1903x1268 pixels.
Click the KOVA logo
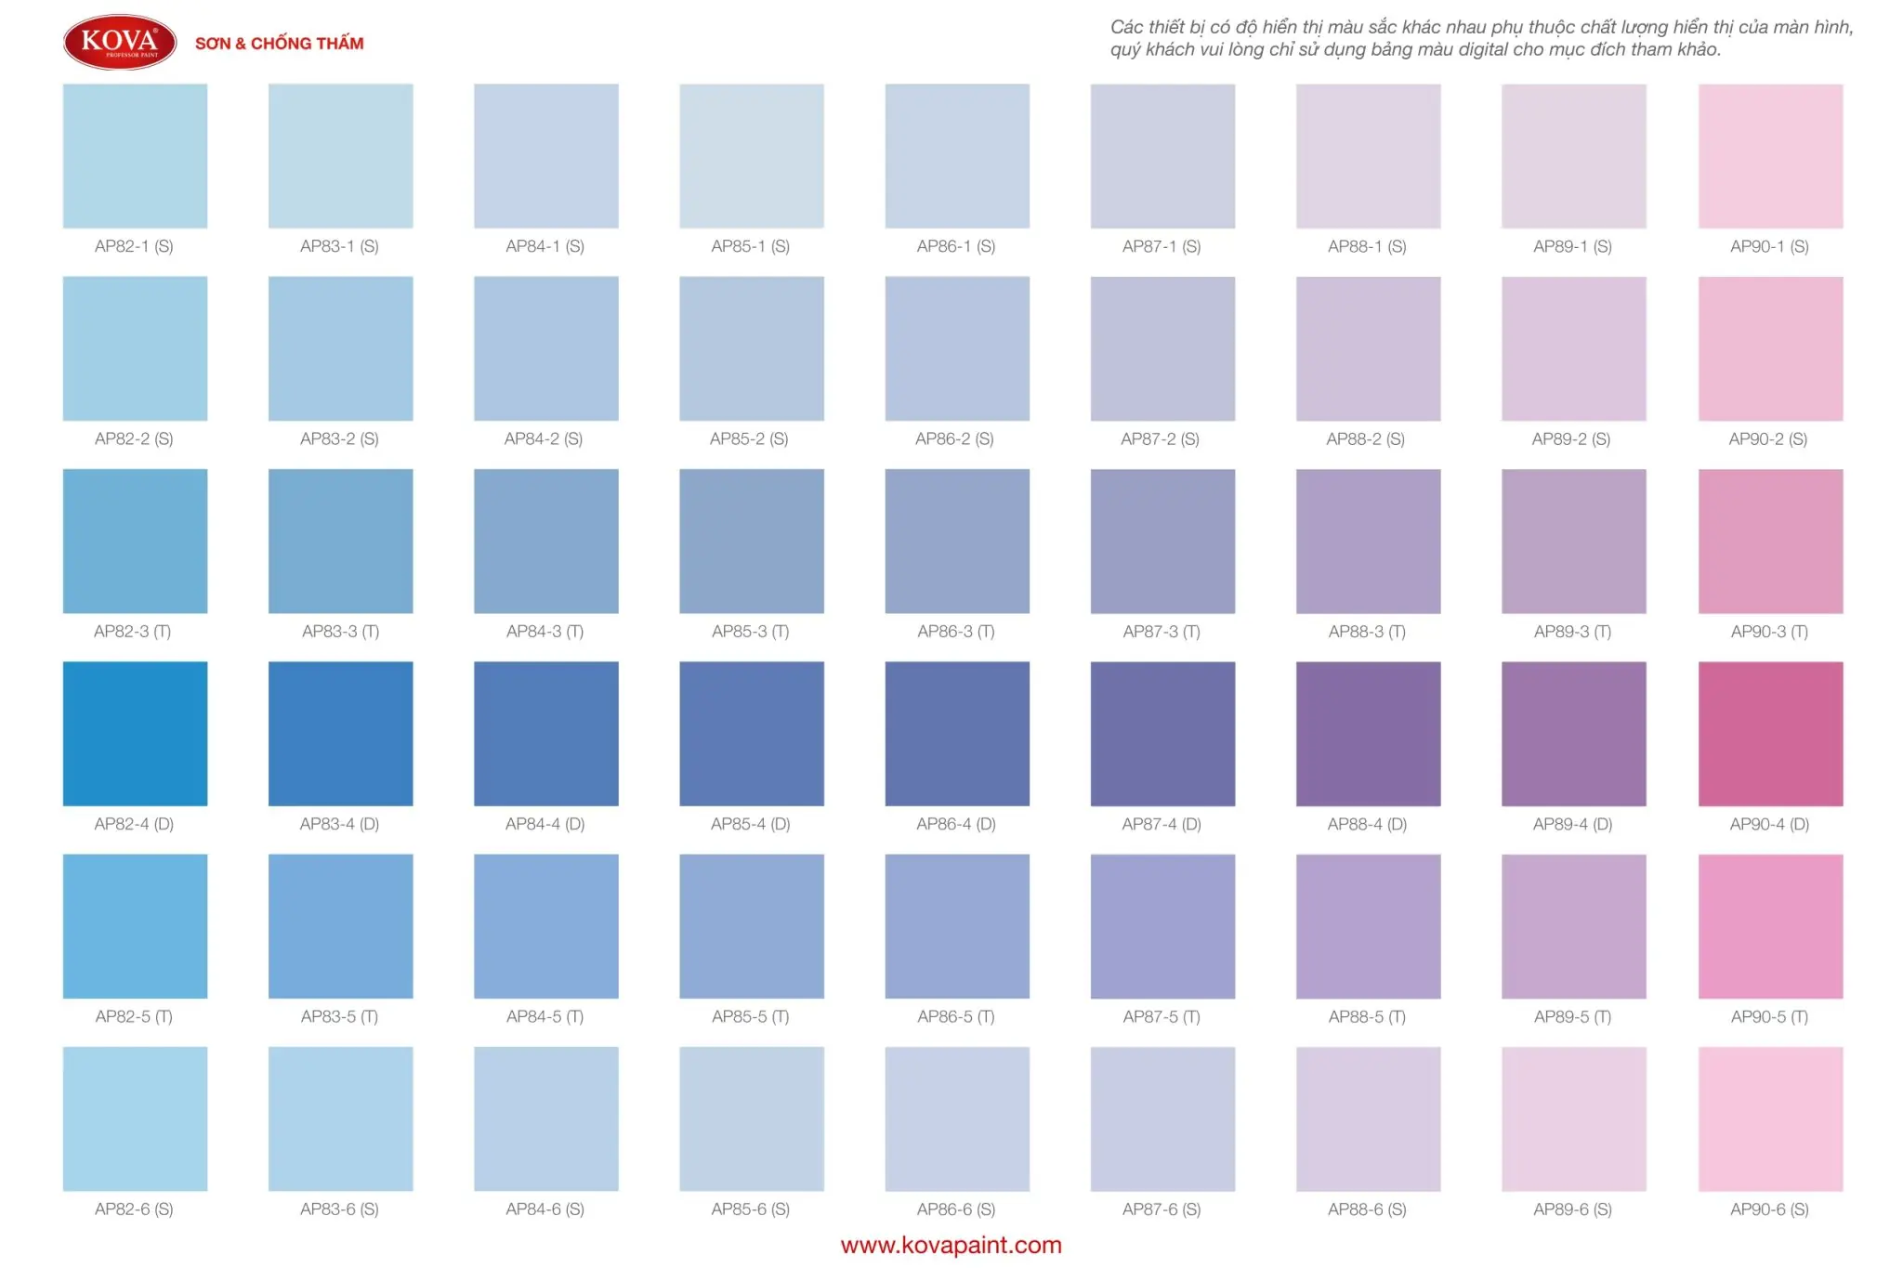tap(120, 42)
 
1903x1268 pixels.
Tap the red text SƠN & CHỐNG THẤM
tap(279, 44)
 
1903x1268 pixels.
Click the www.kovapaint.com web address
tap(951, 1245)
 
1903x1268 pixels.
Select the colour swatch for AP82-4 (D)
tap(135, 733)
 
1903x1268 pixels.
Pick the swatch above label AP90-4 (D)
tap(1770, 733)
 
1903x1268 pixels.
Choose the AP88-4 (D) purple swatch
tap(1368, 733)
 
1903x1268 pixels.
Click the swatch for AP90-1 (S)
tap(1770, 156)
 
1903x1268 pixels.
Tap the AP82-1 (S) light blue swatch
tap(135, 156)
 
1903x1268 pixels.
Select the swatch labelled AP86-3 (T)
tap(957, 541)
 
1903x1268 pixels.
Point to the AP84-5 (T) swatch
tap(546, 926)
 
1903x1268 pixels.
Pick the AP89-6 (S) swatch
tap(1573, 1118)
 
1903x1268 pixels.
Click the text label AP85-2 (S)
tap(749, 438)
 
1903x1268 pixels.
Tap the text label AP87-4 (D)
tap(1161, 824)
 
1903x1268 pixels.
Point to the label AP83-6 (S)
tap(339, 1209)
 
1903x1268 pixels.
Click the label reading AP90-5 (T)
tap(1769, 1016)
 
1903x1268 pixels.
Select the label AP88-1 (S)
tap(1367, 246)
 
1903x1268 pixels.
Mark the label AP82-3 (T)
tap(133, 632)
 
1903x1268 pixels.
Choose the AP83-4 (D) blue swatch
tap(340, 733)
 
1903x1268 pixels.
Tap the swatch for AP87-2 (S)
tap(1162, 348)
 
